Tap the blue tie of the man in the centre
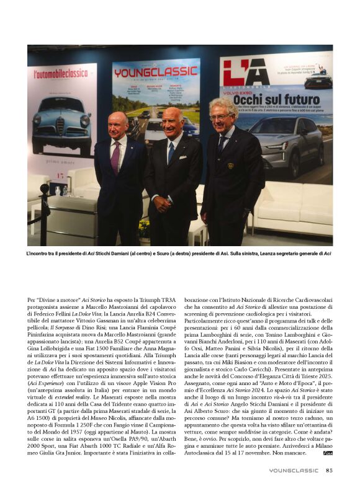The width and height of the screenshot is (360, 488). (171, 152)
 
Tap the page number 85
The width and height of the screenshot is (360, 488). (329, 470)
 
